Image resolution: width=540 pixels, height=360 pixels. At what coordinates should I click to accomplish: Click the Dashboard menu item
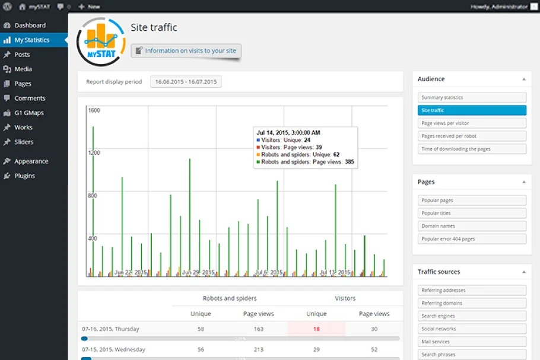(30, 26)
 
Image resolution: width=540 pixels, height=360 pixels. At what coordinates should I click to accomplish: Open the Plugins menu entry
(24, 176)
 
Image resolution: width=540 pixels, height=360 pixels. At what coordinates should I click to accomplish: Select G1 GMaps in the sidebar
(29, 113)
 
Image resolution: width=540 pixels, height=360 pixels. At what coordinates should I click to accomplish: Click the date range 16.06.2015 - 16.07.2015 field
(186, 82)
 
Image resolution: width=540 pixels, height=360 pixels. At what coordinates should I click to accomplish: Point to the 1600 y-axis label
(94, 110)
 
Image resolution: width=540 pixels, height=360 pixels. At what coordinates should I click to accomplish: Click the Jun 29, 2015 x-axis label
(198, 272)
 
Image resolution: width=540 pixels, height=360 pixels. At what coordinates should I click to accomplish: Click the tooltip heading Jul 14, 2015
(288, 132)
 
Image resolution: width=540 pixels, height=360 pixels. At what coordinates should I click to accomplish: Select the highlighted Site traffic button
(472, 110)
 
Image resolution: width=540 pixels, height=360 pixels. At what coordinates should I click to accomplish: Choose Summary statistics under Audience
(472, 97)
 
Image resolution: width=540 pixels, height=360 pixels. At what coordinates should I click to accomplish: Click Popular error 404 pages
(472, 239)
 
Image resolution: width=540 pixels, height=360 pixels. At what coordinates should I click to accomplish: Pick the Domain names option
(472, 226)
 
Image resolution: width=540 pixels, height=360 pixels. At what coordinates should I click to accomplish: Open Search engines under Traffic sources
(472, 316)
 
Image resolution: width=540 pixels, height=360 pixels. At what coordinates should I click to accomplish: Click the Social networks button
(472, 329)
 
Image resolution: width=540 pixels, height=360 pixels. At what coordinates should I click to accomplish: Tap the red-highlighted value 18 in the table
(316, 329)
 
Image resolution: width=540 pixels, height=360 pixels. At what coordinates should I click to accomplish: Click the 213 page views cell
(258, 350)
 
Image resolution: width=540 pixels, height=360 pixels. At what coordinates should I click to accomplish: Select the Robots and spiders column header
(230, 298)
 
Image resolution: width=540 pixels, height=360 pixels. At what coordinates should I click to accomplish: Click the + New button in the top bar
(89, 7)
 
